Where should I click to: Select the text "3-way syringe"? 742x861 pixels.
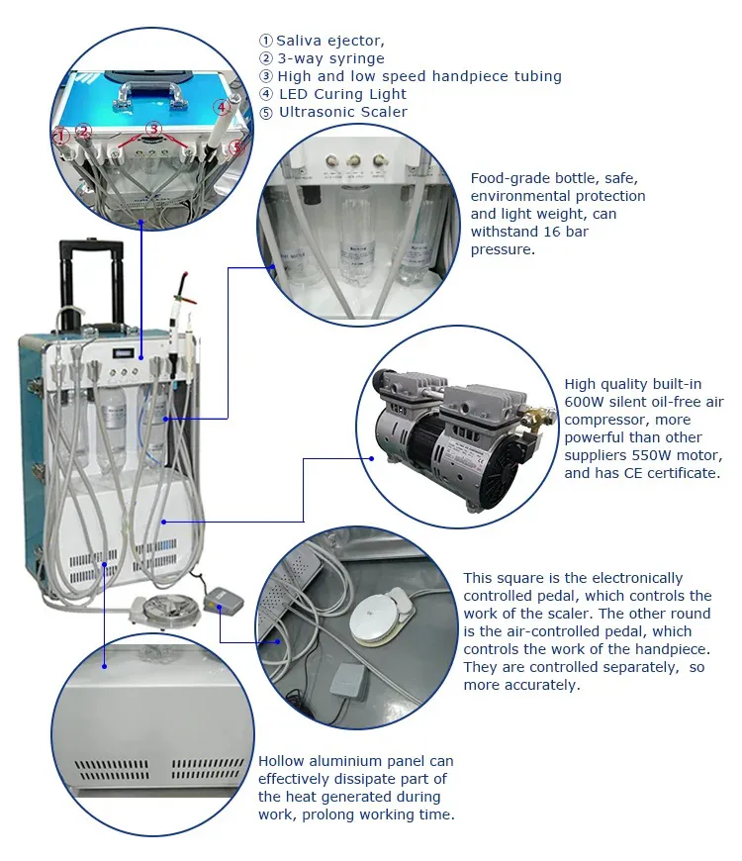[330, 58]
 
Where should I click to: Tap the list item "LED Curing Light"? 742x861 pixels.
[342, 94]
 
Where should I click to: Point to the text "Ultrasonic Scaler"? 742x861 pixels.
[342, 112]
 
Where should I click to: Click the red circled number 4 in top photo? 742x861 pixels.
[223, 107]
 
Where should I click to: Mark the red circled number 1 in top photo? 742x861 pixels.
[61, 134]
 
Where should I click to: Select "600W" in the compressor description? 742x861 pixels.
[584, 401]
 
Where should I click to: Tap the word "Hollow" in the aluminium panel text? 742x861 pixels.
[283, 761]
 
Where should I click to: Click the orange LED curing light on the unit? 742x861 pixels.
[182, 287]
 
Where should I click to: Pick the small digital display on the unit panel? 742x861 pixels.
[125, 351]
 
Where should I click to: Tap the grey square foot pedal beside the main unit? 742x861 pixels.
[219, 598]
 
